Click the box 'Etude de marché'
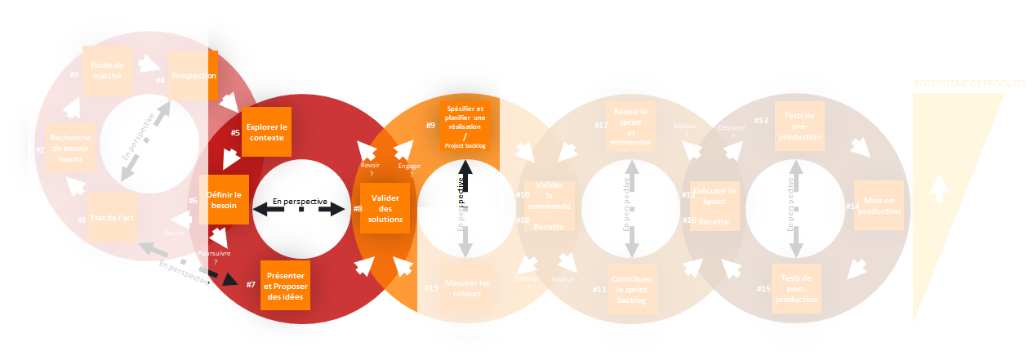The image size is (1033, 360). click(x=107, y=70)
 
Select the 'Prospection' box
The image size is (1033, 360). click(x=194, y=75)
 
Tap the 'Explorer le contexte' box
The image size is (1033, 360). click(x=266, y=131)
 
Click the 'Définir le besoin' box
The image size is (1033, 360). click(x=225, y=200)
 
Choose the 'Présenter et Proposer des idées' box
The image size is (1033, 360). click(x=284, y=285)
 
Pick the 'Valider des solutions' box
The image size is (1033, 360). click(x=385, y=208)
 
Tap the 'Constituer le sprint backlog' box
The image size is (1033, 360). click(x=631, y=289)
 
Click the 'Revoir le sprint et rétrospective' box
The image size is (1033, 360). click(x=631, y=127)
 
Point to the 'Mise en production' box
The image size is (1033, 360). click(x=879, y=206)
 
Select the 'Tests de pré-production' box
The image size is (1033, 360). click(x=799, y=127)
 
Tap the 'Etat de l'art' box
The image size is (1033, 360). click(x=114, y=219)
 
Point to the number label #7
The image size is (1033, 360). click(x=251, y=284)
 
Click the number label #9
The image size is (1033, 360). click(x=430, y=126)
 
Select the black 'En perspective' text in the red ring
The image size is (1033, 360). click(x=300, y=201)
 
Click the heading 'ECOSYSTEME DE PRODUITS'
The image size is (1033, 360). click(x=968, y=83)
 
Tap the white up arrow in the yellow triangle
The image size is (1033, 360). click(x=940, y=189)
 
